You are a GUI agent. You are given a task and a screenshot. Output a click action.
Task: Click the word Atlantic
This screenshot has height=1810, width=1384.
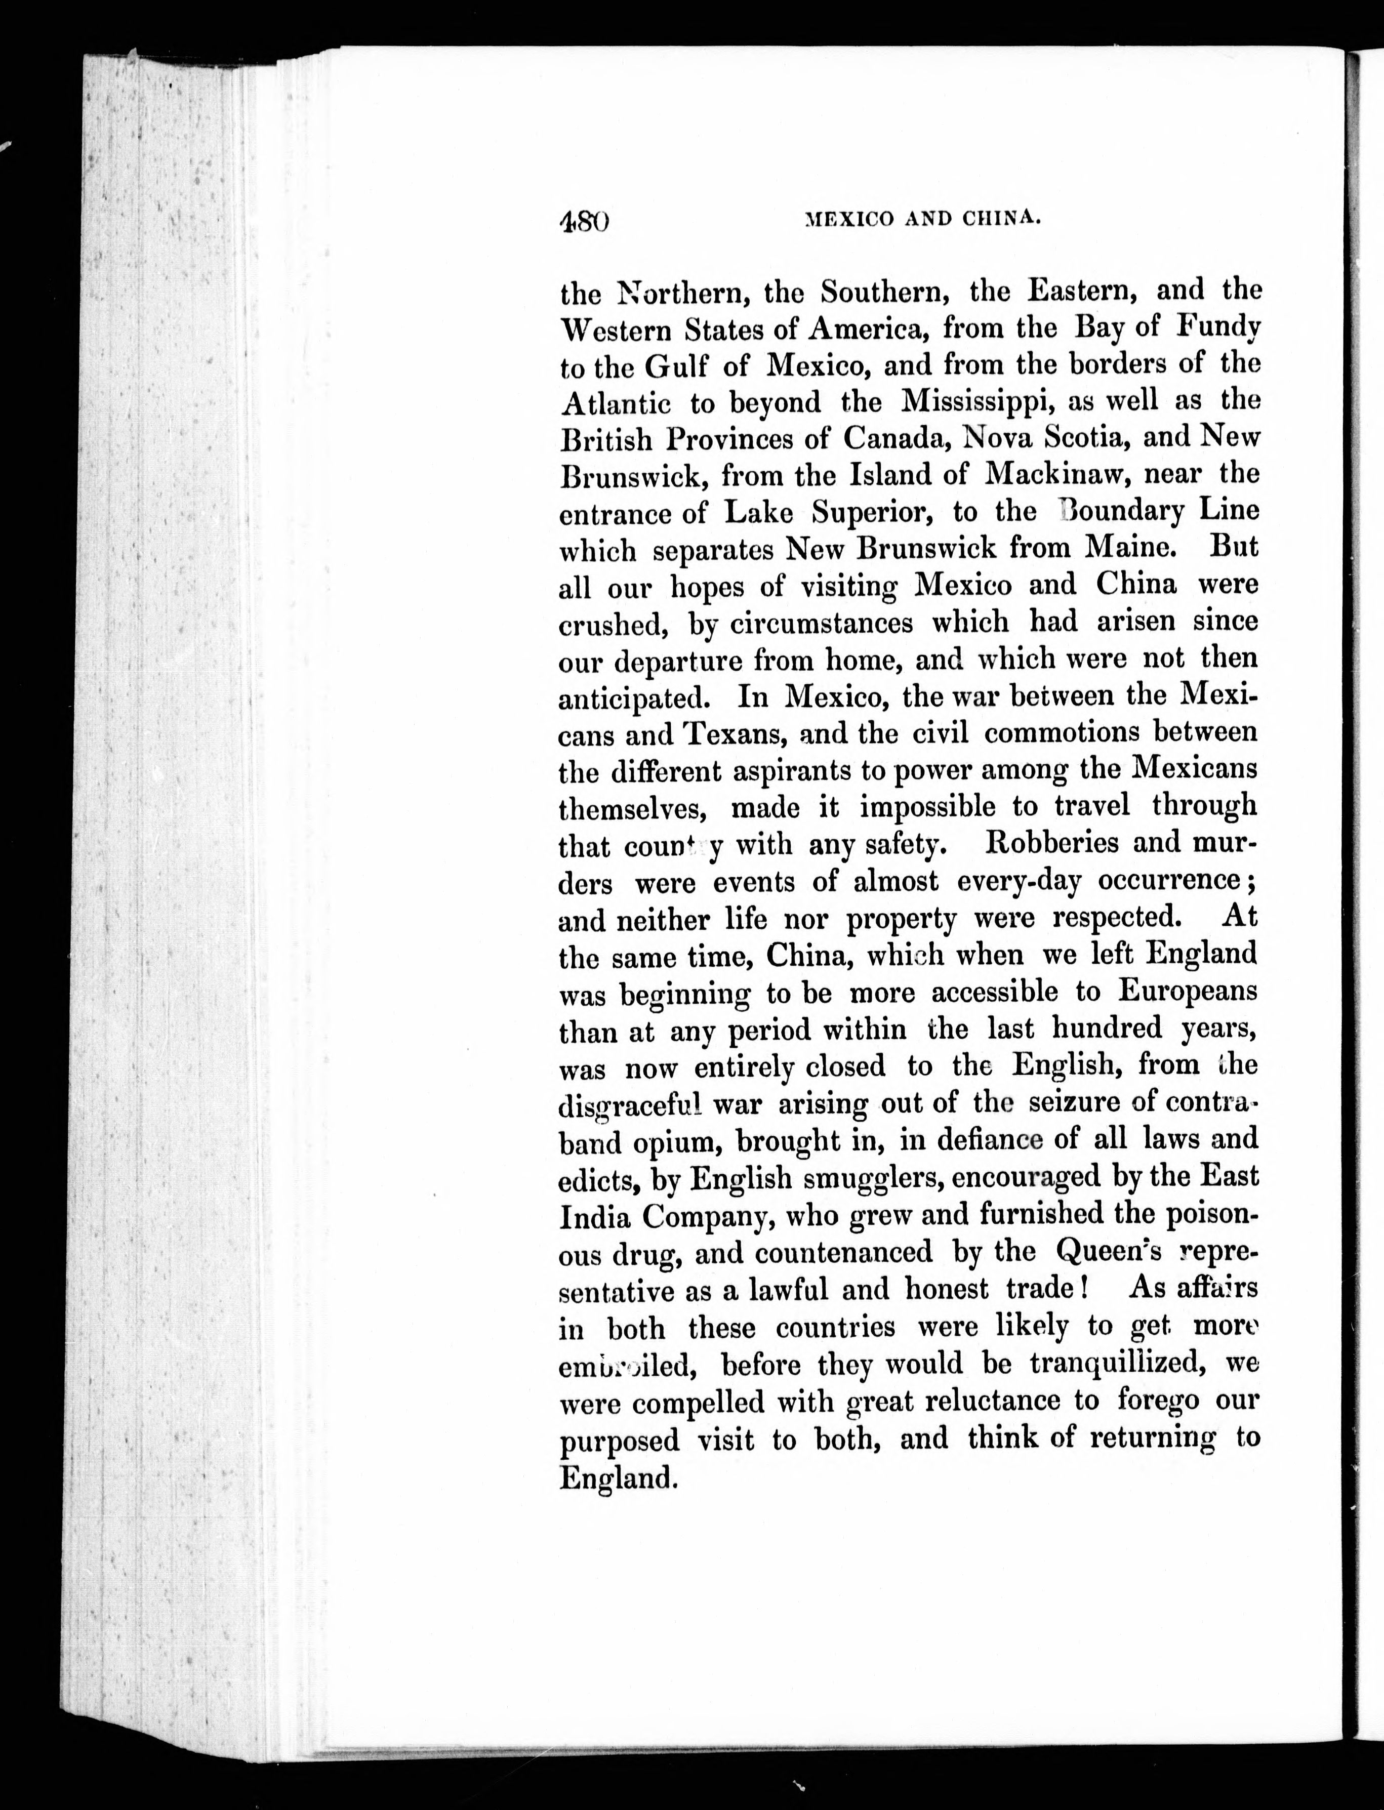pyautogui.click(x=615, y=403)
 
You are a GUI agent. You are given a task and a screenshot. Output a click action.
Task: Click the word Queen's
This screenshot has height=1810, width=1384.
pyautogui.click(x=1108, y=1252)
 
